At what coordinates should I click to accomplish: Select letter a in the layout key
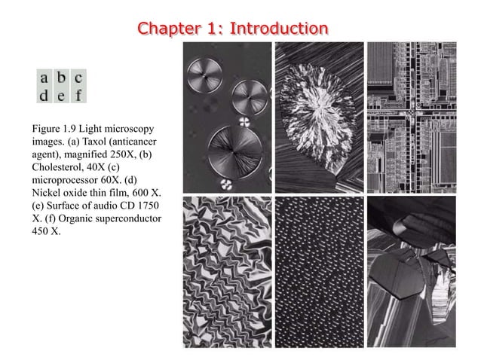click(47, 78)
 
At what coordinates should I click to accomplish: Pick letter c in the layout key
click(79, 78)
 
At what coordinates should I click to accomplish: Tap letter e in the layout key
click(63, 96)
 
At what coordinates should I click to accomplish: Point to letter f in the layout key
click(79, 96)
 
